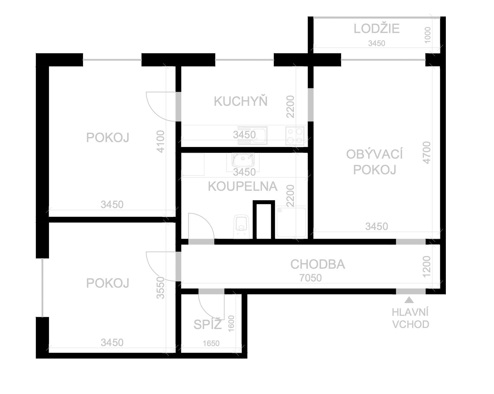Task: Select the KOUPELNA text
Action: point(243,186)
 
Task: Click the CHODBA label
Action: point(318,264)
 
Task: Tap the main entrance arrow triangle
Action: point(410,300)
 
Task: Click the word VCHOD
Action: point(411,324)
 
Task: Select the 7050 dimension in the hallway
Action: point(311,278)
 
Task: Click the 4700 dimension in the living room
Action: point(427,152)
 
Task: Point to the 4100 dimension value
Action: point(161,142)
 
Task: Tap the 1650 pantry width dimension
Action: point(211,343)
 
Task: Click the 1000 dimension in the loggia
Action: point(427,35)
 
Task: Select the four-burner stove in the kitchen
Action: point(295,136)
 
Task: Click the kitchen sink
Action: point(253,135)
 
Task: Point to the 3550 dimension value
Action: point(161,288)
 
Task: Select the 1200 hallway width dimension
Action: point(427,267)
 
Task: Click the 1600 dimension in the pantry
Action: point(231,323)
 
